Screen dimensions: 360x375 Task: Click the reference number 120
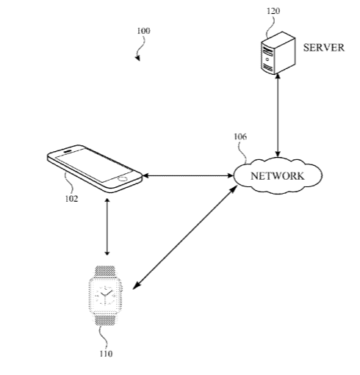click(273, 11)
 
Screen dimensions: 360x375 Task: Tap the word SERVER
click(324, 48)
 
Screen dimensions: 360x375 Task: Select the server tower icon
click(278, 53)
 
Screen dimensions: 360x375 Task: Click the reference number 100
click(143, 31)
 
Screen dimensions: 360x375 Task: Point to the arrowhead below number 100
click(137, 58)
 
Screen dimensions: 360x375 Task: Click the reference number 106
click(240, 136)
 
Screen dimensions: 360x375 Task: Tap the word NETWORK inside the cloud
click(278, 176)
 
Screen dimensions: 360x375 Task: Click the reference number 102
click(71, 199)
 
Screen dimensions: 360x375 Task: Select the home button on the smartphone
click(122, 178)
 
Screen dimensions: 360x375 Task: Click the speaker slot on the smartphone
click(68, 150)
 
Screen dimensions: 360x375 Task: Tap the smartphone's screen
click(94, 165)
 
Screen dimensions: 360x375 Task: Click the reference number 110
click(106, 354)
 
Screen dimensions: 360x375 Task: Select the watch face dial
click(105, 296)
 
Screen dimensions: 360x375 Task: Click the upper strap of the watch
click(105, 272)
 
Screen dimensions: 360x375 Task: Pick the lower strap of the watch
click(105, 320)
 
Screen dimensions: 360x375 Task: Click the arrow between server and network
click(278, 115)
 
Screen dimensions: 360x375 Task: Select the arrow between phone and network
click(188, 175)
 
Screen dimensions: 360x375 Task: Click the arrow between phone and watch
click(107, 227)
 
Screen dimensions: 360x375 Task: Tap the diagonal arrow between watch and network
click(185, 237)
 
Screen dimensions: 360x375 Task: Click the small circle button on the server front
click(267, 59)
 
